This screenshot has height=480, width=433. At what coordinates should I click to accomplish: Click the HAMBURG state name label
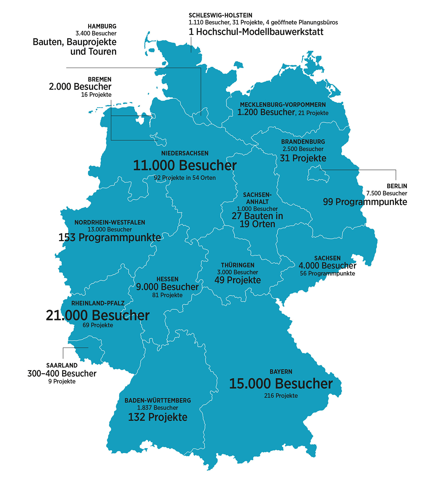102,26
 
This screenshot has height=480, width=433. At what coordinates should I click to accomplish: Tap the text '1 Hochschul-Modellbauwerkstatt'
256,32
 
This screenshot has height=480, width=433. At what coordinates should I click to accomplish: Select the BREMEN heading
99,79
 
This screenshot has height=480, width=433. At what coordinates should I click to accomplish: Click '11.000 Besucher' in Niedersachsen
185,165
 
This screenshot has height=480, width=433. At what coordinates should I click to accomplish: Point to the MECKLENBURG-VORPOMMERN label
283,105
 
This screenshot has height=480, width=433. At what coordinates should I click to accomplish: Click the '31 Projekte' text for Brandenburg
303,158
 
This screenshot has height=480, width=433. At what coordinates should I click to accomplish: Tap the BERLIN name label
397,186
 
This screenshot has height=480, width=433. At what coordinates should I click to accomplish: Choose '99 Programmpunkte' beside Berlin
365,202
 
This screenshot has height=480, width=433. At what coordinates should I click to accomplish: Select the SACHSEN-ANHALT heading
257,198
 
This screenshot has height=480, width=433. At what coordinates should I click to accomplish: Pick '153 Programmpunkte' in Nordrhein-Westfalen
110,238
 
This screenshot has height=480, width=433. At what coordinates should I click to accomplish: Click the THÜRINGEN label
238,265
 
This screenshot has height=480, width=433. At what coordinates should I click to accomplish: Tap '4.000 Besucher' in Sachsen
327,266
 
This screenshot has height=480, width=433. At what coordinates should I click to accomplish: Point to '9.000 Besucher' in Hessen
167,287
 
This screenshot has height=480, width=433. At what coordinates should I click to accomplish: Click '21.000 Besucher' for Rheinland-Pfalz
98,315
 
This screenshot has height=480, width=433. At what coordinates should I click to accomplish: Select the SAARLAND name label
62,366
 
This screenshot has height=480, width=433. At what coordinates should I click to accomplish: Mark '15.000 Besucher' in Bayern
281,384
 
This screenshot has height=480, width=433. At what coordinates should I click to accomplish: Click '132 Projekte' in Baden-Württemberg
158,417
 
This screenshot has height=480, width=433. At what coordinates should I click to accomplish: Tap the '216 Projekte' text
281,396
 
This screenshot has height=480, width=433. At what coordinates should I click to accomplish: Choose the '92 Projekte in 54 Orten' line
185,178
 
